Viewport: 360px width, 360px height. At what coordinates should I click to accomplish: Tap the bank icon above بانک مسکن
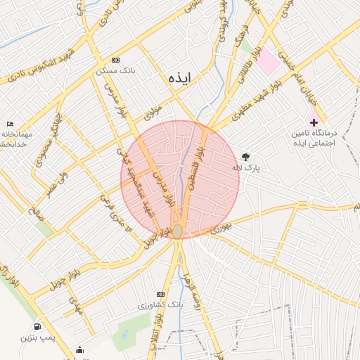[x=116, y=60]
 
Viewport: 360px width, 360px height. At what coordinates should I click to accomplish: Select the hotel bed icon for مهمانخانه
[x=9, y=124]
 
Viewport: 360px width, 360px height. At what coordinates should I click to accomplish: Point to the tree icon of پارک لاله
[x=245, y=157]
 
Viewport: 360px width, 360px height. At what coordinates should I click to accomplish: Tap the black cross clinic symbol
[x=314, y=122]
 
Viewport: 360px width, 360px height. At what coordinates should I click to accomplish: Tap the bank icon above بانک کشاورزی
[x=160, y=293]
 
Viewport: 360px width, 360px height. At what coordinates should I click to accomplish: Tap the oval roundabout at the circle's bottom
[x=179, y=231]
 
